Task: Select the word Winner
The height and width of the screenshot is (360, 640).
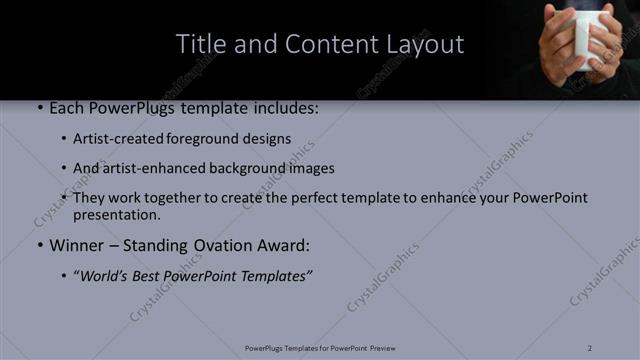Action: pyautogui.click(x=77, y=245)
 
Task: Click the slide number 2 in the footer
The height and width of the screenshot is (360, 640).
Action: pyautogui.click(x=590, y=347)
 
